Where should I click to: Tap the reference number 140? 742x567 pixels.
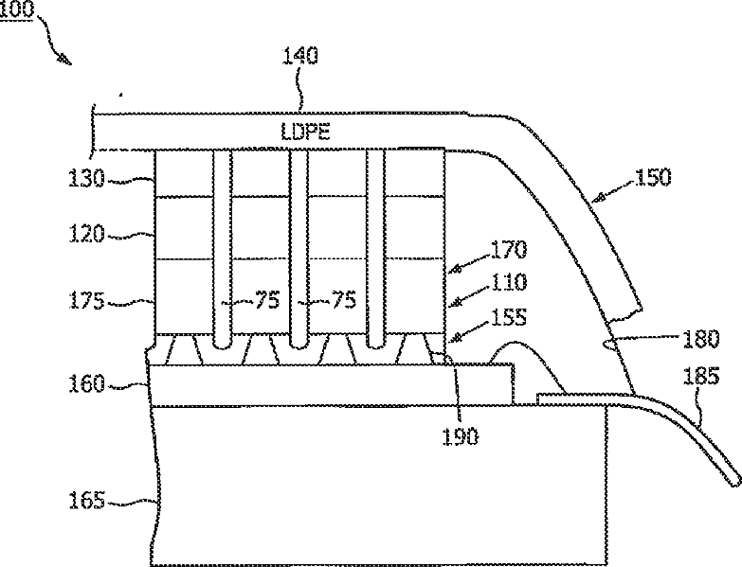pyautogui.click(x=301, y=57)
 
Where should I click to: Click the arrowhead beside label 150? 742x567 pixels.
pyautogui.click(x=599, y=200)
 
